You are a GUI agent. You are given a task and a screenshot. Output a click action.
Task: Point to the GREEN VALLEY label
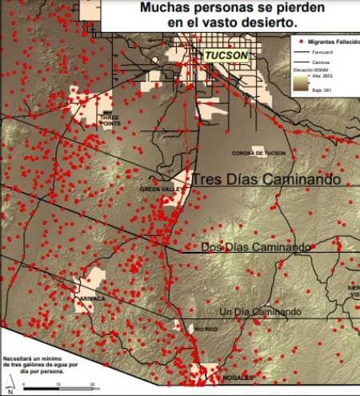tap(156, 190)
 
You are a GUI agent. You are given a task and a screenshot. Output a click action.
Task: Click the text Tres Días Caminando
tap(266, 181)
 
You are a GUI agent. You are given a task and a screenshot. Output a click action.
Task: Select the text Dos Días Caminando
tap(255, 248)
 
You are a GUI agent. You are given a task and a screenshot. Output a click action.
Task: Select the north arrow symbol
tap(10, 386)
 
